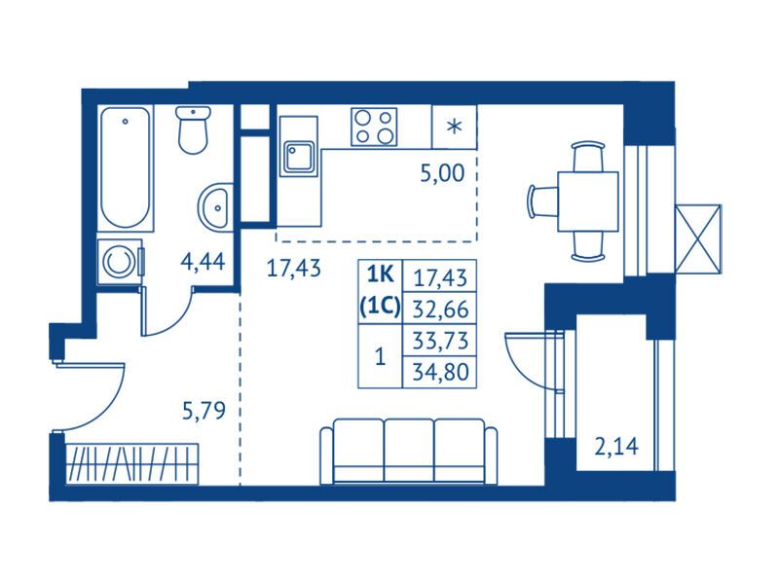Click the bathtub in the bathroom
pyautogui.click(x=126, y=167)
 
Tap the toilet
pyautogui.click(x=193, y=130)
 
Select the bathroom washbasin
pyautogui.click(x=214, y=207)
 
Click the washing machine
pyautogui.click(x=120, y=262)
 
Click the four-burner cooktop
pyautogui.click(x=374, y=127)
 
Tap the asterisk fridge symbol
pyautogui.click(x=454, y=127)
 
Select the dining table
pyautogui.click(x=588, y=201)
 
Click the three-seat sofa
pyautogui.click(x=408, y=452)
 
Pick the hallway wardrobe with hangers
pyautogui.click(x=131, y=464)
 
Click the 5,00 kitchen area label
pyautogui.click(x=442, y=173)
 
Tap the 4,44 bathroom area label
pyautogui.click(x=203, y=261)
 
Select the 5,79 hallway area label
pyautogui.click(x=204, y=411)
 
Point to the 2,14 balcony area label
pyautogui.click(x=616, y=447)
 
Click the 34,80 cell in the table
pyautogui.click(x=440, y=372)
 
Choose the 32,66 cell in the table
pyautogui.click(x=440, y=309)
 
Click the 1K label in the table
pyautogui.click(x=380, y=274)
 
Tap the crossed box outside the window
pyautogui.click(x=698, y=238)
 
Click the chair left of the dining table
pyautogui.click(x=542, y=201)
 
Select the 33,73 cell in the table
pyautogui.click(x=440, y=341)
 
